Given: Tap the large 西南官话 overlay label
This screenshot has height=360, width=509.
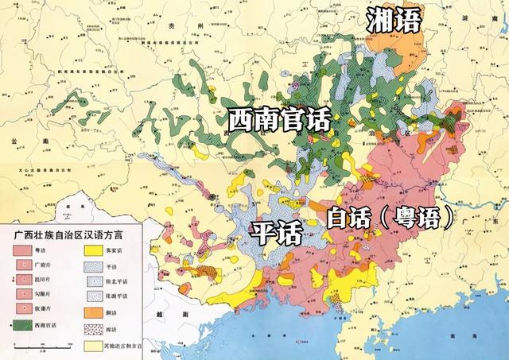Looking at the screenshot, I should pyautogui.click(x=278, y=121).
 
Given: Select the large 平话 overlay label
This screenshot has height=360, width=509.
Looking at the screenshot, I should pyautogui.click(x=277, y=233).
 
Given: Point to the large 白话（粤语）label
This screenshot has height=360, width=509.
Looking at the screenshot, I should pyautogui.click(x=390, y=216).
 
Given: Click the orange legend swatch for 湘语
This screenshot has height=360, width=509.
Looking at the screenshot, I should pyautogui.click(x=94, y=312).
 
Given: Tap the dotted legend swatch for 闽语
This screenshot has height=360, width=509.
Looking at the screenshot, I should pyautogui.click(x=94, y=329).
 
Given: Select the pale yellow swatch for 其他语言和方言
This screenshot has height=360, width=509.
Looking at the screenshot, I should pyautogui.click(x=94, y=346).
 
